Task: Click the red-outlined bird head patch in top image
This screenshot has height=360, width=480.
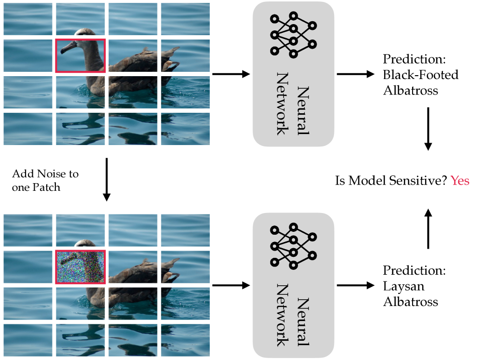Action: coord(80,56)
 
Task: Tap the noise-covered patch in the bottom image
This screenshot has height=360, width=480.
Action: coord(80,267)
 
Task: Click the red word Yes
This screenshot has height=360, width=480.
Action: coord(460,181)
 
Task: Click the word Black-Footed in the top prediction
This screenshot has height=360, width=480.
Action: coord(420,75)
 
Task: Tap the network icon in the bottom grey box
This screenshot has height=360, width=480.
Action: coord(293,246)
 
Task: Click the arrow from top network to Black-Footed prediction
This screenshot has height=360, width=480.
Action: coord(355,74)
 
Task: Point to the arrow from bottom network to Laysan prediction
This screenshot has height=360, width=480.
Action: coord(355,285)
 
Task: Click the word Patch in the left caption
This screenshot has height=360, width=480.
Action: coord(47,187)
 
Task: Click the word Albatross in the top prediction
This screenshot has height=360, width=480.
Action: coord(410,90)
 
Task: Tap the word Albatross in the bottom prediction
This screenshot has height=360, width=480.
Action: coord(410,302)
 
